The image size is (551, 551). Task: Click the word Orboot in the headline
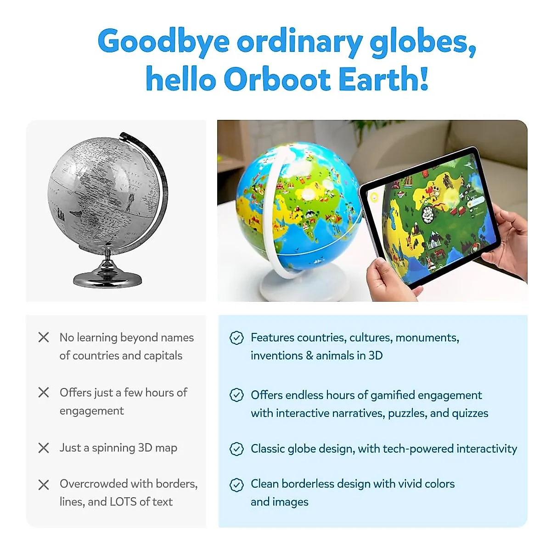tap(277, 79)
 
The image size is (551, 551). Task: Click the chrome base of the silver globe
tap(108, 277)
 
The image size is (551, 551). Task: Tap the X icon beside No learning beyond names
tap(44, 337)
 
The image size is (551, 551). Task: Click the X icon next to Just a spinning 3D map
tap(44, 448)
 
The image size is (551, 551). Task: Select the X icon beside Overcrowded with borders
tap(44, 485)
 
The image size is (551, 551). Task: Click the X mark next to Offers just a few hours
tap(44, 393)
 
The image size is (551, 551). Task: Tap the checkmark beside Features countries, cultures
tap(236, 338)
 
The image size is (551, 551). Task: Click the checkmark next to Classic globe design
tap(236, 449)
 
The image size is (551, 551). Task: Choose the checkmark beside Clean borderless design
tap(236, 484)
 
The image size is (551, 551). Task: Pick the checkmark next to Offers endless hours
tap(236, 395)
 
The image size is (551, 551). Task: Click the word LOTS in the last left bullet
tap(123, 502)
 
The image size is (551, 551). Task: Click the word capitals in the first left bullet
tap(163, 356)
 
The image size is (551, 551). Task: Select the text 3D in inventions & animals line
tap(375, 356)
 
